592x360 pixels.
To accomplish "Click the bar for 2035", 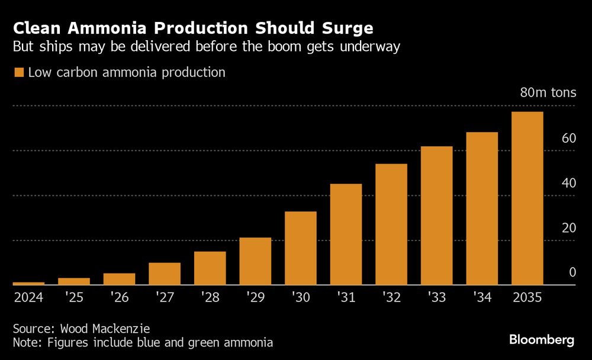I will coord(527,198).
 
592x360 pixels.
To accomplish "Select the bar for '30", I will coord(300,248).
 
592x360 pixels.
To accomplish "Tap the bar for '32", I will coord(391,224).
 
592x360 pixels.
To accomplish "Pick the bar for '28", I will coord(210,268).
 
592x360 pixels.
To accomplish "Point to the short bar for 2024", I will coord(28,284).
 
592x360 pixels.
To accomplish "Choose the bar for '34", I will coord(482,208).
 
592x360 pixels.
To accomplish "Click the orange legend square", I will coord(18,73).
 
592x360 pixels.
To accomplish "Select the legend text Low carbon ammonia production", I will coord(127,73).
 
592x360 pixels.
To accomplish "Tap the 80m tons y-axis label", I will coord(548,93).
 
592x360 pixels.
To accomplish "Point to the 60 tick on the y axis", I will coord(569,139).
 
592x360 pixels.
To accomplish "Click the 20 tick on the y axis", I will coord(569,228).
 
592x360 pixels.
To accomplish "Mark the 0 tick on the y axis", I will coord(572,272).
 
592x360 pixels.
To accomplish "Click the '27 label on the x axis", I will coord(164,297).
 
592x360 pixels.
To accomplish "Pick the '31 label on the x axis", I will coord(346,297).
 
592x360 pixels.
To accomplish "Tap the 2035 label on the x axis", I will coord(527,297).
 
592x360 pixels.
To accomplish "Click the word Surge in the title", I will coord(348,28).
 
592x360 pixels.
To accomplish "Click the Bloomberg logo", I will coord(542,340).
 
